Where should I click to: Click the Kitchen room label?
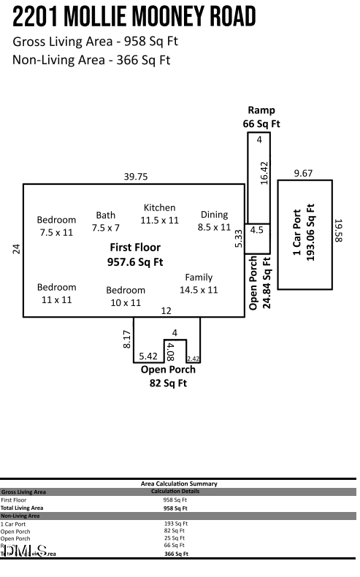tap(159, 208)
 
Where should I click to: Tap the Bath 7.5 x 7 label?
tap(106, 221)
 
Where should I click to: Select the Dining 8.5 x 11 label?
tap(214, 221)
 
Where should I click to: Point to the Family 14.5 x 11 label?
tap(199, 283)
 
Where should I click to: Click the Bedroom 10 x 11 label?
tap(126, 296)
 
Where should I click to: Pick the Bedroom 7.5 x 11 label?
tap(56, 226)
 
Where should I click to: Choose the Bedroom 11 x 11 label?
tap(56, 293)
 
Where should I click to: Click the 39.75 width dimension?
tap(135, 177)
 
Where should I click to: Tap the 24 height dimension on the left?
tap(16, 248)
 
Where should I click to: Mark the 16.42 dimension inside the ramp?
tap(264, 173)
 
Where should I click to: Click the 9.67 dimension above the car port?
tap(303, 173)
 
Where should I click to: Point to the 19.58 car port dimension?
tap(338, 231)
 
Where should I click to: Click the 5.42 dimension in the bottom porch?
tap(148, 356)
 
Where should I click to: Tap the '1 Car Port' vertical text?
tap(297, 233)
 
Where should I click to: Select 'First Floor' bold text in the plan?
tap(134, 248)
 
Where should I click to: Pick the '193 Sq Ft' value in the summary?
tap(176, 524)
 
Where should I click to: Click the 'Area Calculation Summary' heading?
tap(179, 484)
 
